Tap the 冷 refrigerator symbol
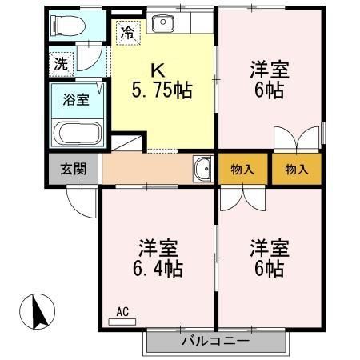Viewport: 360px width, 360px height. tap(127, 33)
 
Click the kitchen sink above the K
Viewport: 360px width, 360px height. tap(163, 23)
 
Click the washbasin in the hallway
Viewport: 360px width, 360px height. tap(202, 169)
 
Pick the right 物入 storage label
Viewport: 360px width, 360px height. tap(296, 169)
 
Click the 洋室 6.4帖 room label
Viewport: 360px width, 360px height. tap(156, 257)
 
